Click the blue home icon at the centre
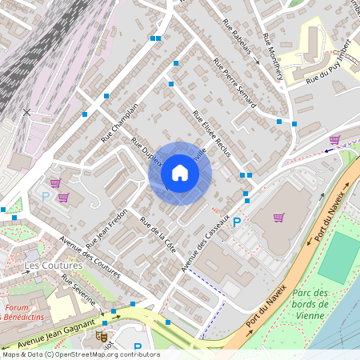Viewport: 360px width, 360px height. pos(180,173)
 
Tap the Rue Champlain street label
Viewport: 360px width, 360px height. pos(120,122)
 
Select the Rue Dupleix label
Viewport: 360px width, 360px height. pos(147,151)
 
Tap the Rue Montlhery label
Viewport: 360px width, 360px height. pos(270,61)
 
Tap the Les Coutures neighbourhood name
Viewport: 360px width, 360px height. pos(54,265)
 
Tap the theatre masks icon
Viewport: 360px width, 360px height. pos(102,337)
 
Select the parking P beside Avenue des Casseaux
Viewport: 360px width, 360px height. pos(237,222)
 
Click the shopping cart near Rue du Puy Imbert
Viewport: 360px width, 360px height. pos(334,139)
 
